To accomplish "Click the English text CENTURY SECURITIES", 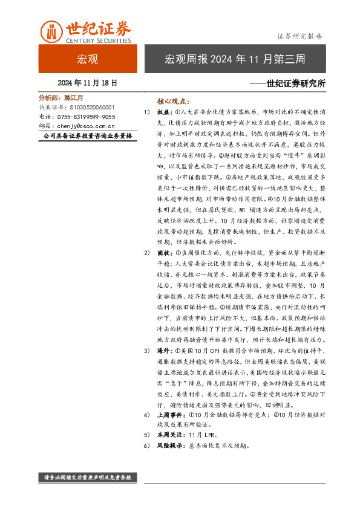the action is pyautogui.click(x=98, y=41).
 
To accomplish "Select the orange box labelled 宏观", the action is pyautogui.click(x=87, y=59).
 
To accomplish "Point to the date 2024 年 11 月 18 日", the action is pyautogui.click(x=87, y=82).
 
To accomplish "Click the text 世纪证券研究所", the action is pyautogui.click(x=295, y=83).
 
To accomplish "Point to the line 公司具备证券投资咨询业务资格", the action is pyautogui.click(x=88, y=137).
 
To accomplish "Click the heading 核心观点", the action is pyautogui.click(x=172, y=102).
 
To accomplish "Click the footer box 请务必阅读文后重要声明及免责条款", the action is pyautogui.click(x=88, y=478).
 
